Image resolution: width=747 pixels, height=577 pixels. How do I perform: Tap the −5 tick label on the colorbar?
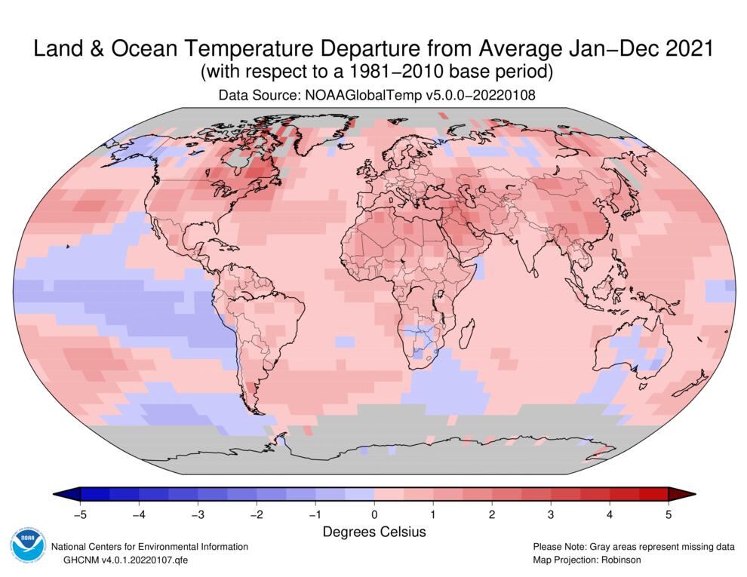(x=79, y=515)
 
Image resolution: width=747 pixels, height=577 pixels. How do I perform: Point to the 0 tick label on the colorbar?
(x=374, y=515)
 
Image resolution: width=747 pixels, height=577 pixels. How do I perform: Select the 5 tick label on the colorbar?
(x=669, y=515)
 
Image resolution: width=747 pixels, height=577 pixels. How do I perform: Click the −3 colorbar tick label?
(x=197, y=515)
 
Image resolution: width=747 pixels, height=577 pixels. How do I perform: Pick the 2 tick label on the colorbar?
(x=492, y=515)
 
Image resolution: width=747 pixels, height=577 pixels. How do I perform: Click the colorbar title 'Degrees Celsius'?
(x=374, y=532)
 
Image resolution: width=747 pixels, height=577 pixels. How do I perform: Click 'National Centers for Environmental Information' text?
(x=149, y=546)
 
